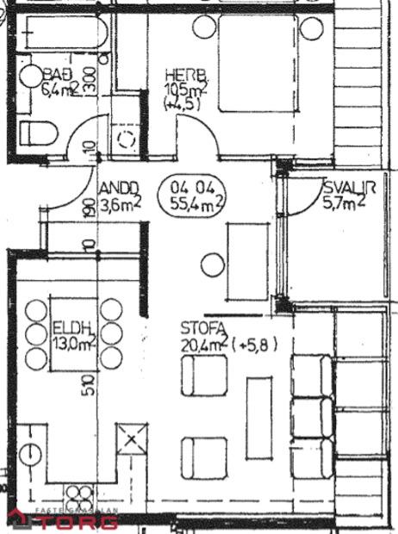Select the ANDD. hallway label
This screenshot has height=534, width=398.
tap(117, 189)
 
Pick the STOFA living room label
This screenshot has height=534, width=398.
tap(203, 328)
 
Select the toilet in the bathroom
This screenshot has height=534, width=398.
tap(38, 133)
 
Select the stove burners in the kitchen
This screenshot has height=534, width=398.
tap(80, 498)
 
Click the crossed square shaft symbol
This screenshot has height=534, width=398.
tap(131, 440)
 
